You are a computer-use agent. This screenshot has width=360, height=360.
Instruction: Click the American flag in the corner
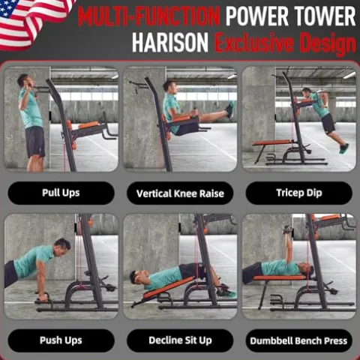32,22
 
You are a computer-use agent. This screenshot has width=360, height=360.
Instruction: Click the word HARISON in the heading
170,43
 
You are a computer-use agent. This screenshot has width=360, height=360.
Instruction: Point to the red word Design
328,43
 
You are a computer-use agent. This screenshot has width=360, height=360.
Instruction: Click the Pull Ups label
61,193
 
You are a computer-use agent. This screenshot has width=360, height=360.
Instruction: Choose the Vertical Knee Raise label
180,193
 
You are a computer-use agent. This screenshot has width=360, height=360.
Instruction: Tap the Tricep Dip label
299,193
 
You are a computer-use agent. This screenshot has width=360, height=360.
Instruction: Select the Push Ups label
61,340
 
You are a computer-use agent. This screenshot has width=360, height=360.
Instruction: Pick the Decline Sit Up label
180,340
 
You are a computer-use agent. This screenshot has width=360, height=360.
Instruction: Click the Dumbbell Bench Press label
299,341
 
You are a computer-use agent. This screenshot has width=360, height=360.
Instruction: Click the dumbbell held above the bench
287,229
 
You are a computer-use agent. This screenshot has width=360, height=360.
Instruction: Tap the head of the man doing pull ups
24,81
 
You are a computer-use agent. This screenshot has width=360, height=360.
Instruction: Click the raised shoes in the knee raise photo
231,109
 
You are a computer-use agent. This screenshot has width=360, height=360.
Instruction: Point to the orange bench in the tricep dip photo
273,142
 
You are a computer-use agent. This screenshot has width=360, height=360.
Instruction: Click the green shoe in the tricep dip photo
343,148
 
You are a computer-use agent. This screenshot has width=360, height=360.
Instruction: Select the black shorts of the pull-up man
35,142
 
